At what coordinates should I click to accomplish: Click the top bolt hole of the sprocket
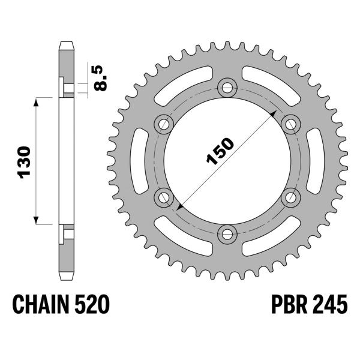pyautogui.click(x=227, y=88)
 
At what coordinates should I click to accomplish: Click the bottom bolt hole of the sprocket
pyautogui.click(x=227, y=233)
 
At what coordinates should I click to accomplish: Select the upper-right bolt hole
pyautogui.click(x=290, y=124)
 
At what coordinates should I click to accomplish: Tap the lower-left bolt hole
pyautogui.click(x=163, y=196)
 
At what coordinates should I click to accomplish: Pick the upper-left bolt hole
pyautogui.click(x=163, y=124)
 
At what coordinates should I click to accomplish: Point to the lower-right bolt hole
pyautogui.click(x=290, y=196)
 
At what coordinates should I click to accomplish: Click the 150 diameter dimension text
pyautogui.click(x=220, y=152)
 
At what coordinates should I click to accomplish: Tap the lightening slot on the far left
pyautogui.click(x=135, y=160)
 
